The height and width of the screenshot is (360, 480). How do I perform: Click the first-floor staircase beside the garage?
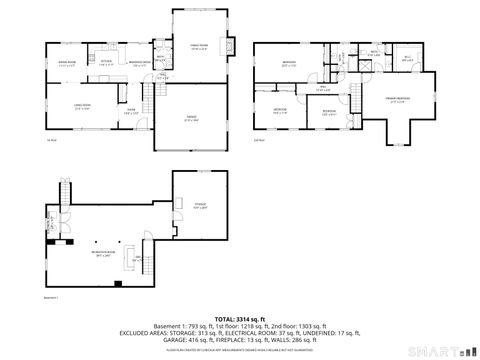point(151,97)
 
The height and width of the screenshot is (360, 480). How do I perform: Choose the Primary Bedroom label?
point(398,99)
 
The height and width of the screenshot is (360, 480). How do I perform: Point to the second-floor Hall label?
point(323,88)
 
